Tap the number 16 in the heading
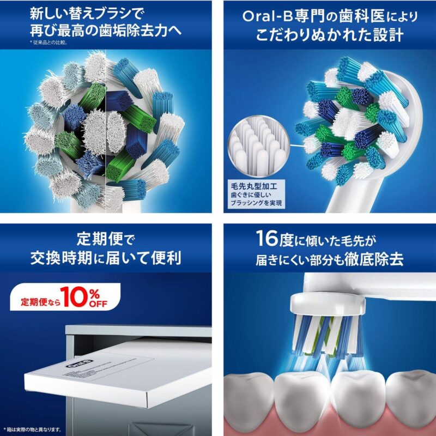point(269,240)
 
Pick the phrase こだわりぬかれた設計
point(330,35)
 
